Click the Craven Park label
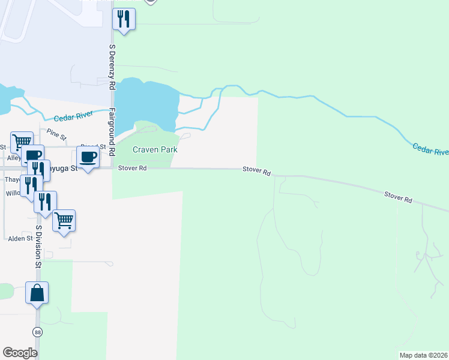pos(155,149)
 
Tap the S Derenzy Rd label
pos(112,67)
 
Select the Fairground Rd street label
pos(112,132)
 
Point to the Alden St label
pos(20,238)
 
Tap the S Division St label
pos(37,247)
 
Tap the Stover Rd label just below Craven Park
pos(133,169)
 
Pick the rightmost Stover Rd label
pos(399,197)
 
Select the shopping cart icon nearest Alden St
pos(64,220)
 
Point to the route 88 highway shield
pos(37,332)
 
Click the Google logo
pos(20,353)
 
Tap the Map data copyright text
pos(424,355)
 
